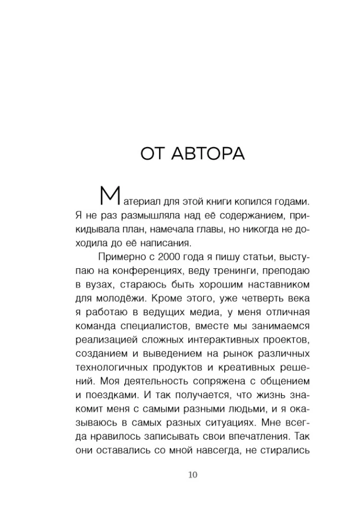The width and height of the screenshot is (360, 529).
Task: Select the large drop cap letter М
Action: tap(109, 196)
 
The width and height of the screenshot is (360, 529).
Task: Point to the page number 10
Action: tap(192, 489)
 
